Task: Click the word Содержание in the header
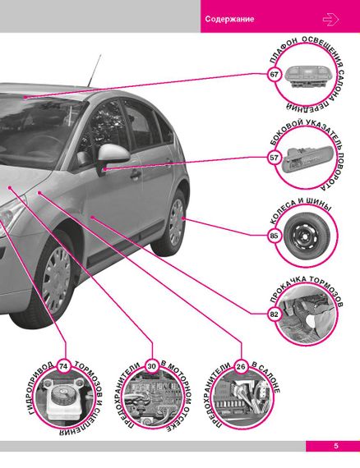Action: tap(229, 20)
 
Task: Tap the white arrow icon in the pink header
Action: tap(330, 20)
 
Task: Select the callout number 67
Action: tap(274, 74)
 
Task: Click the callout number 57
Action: tap(274, 158)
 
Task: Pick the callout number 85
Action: tap(274, 236)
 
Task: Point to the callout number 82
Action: tap(274, 314)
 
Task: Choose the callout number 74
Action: tap(63, 366)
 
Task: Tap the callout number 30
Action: tap(152, 366)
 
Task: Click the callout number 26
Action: tap(241, 366)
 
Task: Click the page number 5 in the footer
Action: tap(336, 446)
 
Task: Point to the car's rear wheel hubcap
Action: tap(177, 223)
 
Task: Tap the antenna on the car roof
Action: tap(94, 71)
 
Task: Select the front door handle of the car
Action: tap(136, 175)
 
